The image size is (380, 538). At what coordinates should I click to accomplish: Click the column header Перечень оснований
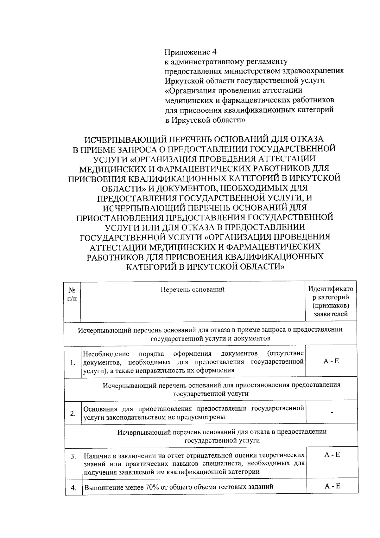(x=193, y=289)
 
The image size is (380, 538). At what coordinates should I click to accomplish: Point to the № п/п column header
(x=72, y=294)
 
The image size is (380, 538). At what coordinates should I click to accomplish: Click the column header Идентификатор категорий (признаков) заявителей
(x=331, y=301)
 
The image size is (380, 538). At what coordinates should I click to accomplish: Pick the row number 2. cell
(x=73, y=413)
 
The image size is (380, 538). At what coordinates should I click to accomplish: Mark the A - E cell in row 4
(x=332, y=486)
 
